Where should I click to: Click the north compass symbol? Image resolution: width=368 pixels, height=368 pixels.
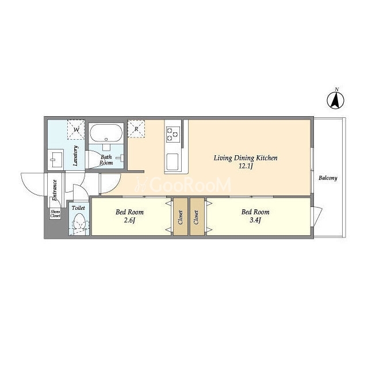pyautogui.click(x=335, y=100)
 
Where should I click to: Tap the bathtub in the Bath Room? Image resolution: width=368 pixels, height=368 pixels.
pyautogui.click(x=106, y=133)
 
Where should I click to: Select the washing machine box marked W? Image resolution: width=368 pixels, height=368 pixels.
pyautogui.click(x=76, y=129)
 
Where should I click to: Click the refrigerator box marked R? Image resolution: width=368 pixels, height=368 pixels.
pyautogui.click(x=136, y=129)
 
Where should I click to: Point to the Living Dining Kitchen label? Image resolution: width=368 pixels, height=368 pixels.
pyautogui.click(x=246, y=158)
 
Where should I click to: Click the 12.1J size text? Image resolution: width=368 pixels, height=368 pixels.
pyautogui.click(x=246, y=166)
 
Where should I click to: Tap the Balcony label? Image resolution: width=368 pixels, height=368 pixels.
pyautogui.click(x=328, y=178)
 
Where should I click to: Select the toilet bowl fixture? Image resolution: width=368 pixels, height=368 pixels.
pyautogui.click(x=79, y=223)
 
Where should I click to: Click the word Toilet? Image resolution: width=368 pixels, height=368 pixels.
pyautogui.click(x=78, y=208)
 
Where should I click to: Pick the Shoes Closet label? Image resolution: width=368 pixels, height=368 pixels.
pyautogui.click(x=55, y=214)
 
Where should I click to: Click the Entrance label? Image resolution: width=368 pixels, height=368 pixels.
pyautogui.click(x=55, y=190)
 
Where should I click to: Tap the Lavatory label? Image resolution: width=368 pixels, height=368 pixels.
pyautogui.click(x=75, y=156)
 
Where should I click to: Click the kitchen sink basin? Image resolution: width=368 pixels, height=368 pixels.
pyautogui.click(x=172, y=162)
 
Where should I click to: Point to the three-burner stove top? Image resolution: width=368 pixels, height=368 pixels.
pyautogui.click(x=173, y=134)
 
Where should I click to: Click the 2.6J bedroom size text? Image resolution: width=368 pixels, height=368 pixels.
pyautogui.click(x=129, y=221)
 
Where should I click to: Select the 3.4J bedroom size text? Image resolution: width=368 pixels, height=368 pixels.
pyautogui.click(x=255, y=220)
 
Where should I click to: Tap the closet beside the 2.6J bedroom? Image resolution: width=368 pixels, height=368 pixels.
pyautogui.click(x=181, y=217)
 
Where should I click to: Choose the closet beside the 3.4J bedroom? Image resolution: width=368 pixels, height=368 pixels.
pyautogui.click(x=197, y=217)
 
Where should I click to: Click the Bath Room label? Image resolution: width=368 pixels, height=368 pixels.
pyautogui.click(x=106, y=160)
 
